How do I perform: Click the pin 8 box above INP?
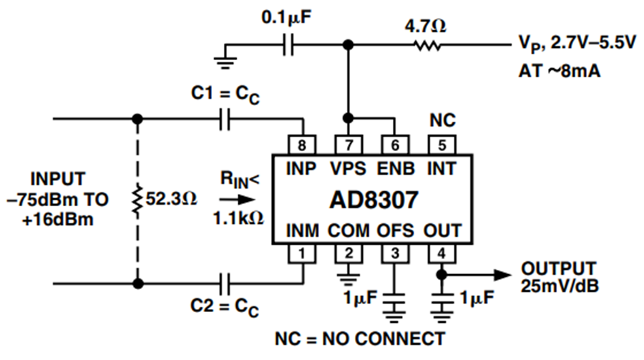coord(302,145)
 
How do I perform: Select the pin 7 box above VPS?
coord(348,145)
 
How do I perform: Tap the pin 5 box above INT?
coord(442,145)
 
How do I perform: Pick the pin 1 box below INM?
coord(302,253)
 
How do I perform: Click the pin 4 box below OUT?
coord(442,253)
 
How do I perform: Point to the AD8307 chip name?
coord(374,200)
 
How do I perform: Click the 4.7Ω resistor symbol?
coord(428,45)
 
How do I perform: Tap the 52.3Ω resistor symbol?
coord(137,200)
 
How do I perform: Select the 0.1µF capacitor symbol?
coord(288,45)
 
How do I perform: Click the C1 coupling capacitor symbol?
coord(225,120)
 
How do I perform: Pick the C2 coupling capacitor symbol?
coord(225,283)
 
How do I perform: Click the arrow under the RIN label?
coord(238,200)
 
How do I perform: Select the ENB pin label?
coord(396,169)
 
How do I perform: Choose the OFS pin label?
coord(395,230)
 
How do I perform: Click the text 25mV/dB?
coord(560,286)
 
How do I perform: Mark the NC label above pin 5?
coord(442,120)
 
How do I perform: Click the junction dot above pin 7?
coord(348,118)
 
